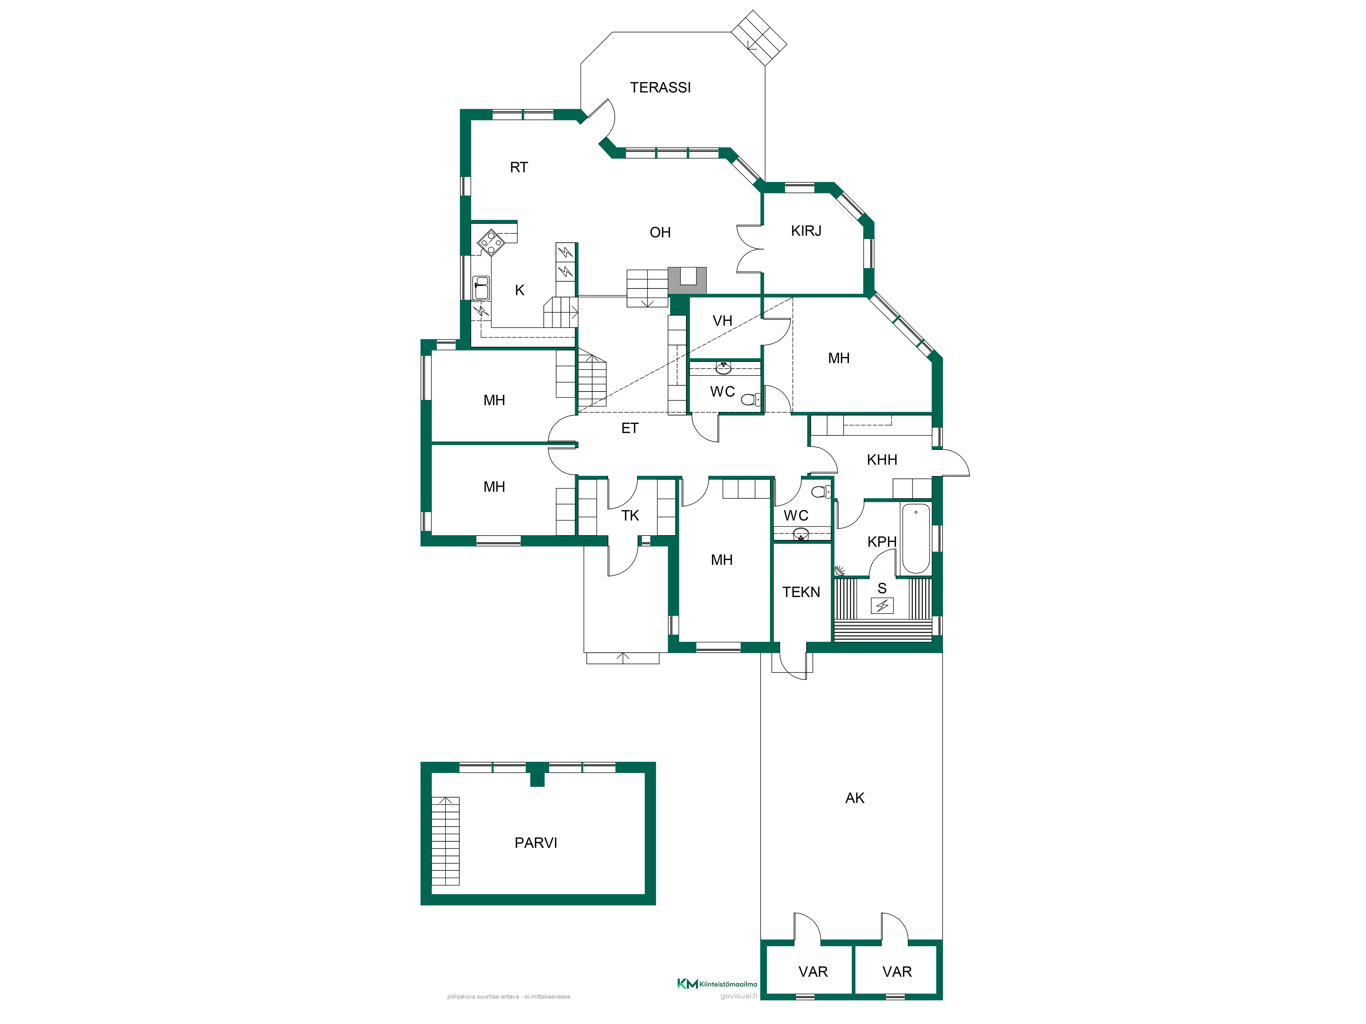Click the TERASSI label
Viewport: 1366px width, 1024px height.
pos(660,88)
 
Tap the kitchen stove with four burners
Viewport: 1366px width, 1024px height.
pos(491,243)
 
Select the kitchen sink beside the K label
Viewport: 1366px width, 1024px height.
pos(481,288)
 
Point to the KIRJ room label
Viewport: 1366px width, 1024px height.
pos(806,231)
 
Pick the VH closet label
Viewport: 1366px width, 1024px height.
pos(722,321)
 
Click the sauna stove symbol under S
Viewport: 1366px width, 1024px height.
pos(882,606)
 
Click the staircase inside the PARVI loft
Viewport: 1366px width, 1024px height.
pos(445,841)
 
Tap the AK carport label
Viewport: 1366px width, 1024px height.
pos(855,798)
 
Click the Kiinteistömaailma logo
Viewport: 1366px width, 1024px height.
pos(717,984)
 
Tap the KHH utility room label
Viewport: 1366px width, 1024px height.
pos(882,460)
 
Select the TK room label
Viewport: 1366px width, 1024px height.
pos(630,515)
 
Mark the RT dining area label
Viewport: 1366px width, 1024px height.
pos(519,167)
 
